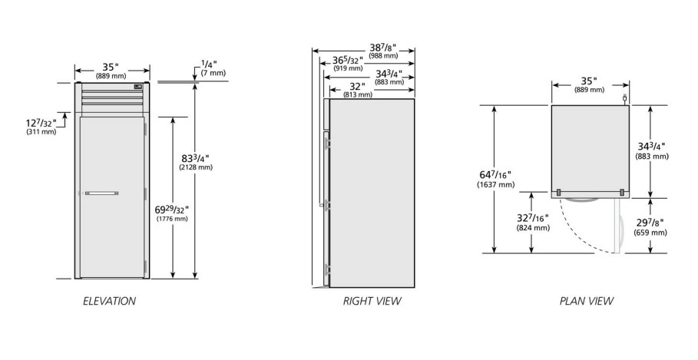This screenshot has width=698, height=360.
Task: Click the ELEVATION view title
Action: coord(110,301)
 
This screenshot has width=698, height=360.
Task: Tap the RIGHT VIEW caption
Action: coord(372,301)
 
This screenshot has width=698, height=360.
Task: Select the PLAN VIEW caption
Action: coord(586,301)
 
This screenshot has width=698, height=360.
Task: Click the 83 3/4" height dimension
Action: coord(195,162)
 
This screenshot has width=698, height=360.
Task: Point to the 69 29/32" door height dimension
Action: coord(172,213)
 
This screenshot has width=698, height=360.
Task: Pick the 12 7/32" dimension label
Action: coord(41,127)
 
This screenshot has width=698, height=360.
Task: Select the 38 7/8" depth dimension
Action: coord(383,51)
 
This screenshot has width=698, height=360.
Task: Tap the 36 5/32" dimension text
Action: coord(348,64)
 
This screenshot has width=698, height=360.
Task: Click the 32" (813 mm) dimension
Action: coord(358,90)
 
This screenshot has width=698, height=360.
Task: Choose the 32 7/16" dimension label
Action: coord(533,223)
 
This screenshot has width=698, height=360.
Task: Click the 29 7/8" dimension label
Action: coord(650,227)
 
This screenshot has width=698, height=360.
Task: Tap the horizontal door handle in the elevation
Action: coord(101,193)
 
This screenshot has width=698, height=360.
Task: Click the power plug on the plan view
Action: coord(624,98)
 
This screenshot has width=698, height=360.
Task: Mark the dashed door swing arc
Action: coord(579,233)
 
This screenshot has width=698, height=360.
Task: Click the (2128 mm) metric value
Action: coord(195,167)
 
